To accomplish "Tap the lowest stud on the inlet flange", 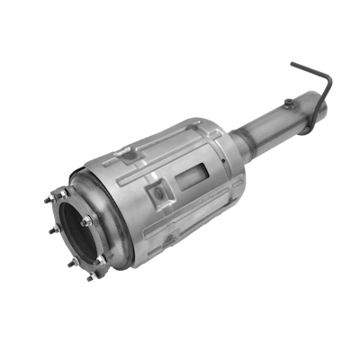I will click(89, 277).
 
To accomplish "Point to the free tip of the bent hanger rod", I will click(292, 65).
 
